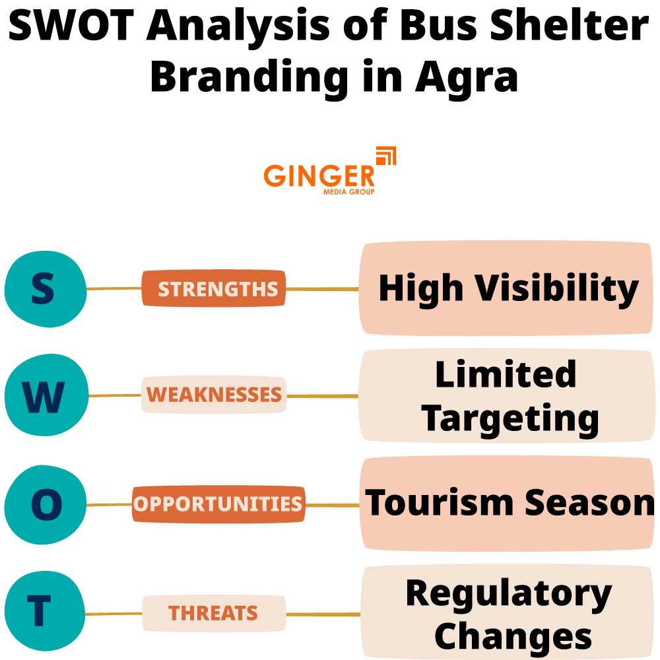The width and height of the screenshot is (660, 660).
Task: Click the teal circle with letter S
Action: [45, 288]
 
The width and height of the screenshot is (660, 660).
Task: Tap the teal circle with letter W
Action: [45, 396]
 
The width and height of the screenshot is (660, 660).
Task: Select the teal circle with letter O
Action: [45, 504]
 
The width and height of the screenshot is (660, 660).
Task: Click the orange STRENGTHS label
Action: [214, 288]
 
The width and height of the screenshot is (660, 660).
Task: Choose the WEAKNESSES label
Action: [214, 395]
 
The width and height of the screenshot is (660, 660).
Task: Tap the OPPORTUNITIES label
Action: [218, 504]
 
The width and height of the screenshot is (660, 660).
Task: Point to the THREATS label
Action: [213, 613]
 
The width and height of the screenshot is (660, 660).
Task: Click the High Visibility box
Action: [507, 288]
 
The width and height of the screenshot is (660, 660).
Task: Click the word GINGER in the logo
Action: [319, 176]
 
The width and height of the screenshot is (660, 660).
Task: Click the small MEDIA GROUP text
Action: [348, 192]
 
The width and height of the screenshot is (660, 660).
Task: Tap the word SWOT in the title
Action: [72, 28]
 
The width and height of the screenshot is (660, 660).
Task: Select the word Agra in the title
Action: [466, 77]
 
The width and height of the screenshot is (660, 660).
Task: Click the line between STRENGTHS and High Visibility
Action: [322, 289]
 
